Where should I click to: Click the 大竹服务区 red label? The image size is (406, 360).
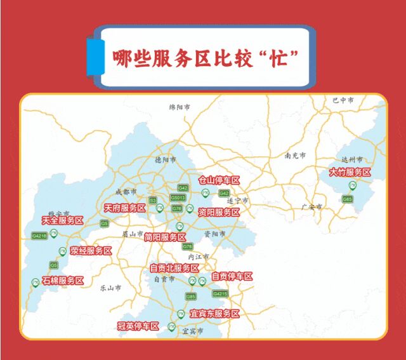click(350, 172)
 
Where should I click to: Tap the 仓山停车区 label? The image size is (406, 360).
click(219, 180)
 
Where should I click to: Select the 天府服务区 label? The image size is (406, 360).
click(125, 208)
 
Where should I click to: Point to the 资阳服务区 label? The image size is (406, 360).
click(219, 211)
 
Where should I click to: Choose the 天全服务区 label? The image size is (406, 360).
click(62, 220)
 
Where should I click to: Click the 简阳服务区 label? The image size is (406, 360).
click(165, 237)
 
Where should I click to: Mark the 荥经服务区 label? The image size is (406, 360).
click(91, 251)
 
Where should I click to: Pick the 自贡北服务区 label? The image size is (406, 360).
click(174, 268)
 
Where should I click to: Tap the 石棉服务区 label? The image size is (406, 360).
click(62, 280)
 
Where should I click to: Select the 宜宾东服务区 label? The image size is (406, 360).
click(214, 314)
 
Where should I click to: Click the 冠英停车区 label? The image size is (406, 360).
click(138, 326)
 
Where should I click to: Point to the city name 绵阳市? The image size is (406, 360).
click(180, 108)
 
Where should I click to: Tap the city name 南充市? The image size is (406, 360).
click(295, 156)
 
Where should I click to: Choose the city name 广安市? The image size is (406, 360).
click(312, 207)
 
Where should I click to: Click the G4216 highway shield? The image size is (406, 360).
click(39, 236)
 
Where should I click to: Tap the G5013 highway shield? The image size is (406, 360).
click(178, 198)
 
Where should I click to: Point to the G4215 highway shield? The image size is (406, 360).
click(220, 293)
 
